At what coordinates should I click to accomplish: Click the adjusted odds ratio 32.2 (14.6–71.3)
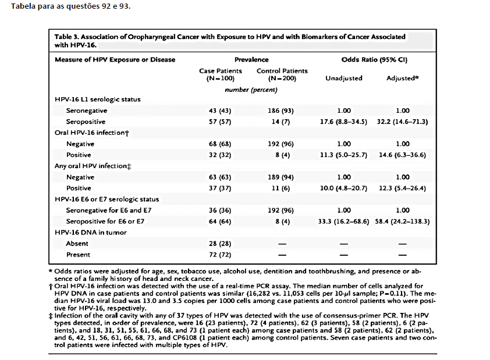(x=403, y=122)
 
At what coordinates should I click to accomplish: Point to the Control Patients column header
(x=282, y=74)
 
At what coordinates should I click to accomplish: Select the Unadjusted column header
(x=344, y=78)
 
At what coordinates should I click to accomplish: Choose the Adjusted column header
(x=403, y=78)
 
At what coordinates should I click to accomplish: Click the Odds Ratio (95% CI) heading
(x=374, y=59)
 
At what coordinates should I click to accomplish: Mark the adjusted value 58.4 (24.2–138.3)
(x=403, y=222)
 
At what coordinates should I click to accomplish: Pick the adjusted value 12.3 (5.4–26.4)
(x=403, y=188)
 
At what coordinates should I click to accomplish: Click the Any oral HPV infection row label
(x=93, y=166)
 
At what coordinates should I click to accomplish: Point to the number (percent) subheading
(x=251, y=90)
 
